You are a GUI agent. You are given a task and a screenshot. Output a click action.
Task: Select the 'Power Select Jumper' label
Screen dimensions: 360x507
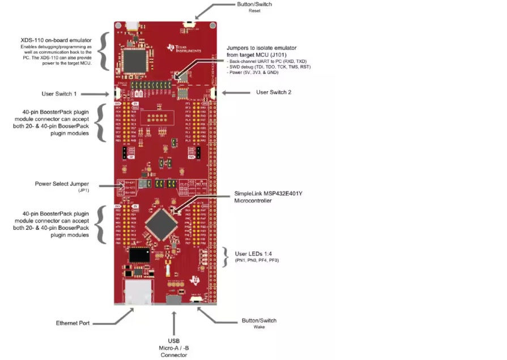(65, 183)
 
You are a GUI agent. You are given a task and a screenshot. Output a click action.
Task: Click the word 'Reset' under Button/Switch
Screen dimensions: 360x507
(254, 11)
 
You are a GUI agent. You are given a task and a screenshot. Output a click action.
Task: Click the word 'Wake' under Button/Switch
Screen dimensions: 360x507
(259, 327)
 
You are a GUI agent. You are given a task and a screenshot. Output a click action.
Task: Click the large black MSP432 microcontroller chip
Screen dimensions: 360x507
(163, 222)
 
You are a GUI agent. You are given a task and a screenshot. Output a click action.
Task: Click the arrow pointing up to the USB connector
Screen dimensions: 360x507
(174, 320)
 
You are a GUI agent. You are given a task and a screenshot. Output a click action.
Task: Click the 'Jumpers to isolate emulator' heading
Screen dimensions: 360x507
(261, 48)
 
